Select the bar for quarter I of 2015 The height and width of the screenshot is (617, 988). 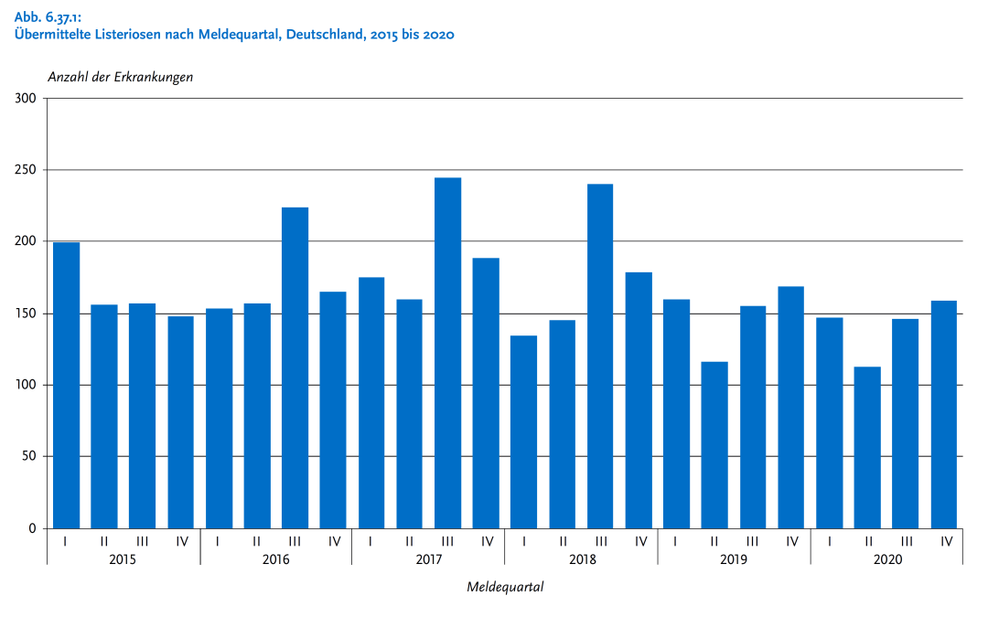point(67,384)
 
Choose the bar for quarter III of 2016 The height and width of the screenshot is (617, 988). point(295,366)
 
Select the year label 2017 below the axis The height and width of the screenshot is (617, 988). point(428,558)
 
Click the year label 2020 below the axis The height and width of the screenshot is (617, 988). point(886,558)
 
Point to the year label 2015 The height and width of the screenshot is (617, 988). point(123,558)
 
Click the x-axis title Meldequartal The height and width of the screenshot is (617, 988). point(505,587)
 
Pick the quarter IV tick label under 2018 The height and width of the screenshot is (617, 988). point(640,541)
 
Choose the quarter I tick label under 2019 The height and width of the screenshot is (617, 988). point(675,541)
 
